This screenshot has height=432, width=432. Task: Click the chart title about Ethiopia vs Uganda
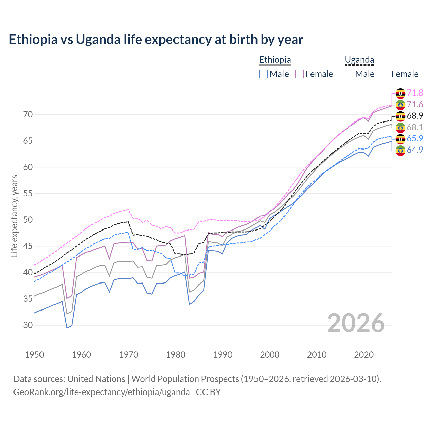156,39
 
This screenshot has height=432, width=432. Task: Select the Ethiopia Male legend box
264,74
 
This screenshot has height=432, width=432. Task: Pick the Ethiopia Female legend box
299,74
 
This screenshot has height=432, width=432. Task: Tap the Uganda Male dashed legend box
349,74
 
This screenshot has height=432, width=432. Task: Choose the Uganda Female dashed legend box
385,74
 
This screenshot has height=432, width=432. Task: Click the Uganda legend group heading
359,60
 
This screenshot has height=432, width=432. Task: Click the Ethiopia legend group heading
275,60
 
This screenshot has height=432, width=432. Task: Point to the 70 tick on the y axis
28,115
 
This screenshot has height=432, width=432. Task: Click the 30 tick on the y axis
28,325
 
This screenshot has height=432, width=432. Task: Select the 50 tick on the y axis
28,220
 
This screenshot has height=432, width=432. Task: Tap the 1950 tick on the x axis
34,355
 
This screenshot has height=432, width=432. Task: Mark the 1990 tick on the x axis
223,355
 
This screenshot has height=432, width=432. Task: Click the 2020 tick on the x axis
364,355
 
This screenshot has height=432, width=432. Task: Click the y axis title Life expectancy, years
14,216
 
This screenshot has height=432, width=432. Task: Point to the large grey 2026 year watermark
356,323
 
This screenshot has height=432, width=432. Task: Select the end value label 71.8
415,93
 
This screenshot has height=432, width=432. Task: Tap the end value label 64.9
415,150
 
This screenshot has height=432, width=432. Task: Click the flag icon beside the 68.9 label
400,116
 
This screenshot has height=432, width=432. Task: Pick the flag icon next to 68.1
400,128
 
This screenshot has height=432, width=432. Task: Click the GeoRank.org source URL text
101,392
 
